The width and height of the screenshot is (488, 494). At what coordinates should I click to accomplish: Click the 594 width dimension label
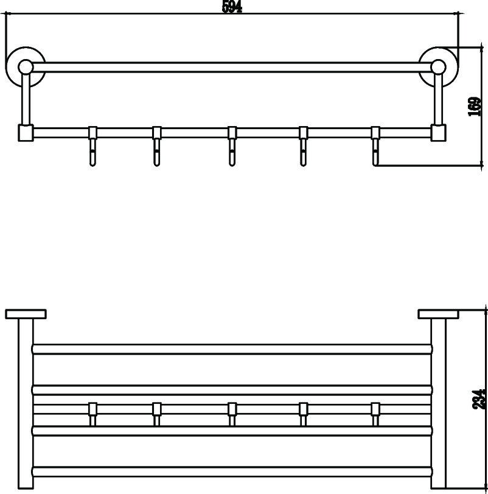pos(232,7)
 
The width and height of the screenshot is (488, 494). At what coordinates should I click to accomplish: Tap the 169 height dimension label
pos(475,107)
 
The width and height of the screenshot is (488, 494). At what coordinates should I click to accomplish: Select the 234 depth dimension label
pos(480,400)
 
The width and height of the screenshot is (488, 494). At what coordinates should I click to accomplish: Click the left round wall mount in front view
pos(26,67)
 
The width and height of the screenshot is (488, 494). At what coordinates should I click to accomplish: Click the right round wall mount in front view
pos(439,67)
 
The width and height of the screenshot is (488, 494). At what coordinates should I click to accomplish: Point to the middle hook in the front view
pos(232,146)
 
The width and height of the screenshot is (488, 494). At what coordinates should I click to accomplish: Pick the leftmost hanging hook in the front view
pos(92,146)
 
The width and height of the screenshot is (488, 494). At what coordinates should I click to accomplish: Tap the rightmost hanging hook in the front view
pos(375,146)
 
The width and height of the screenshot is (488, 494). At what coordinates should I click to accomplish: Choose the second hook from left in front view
pos(157,146)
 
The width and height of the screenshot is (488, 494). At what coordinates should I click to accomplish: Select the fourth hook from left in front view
pos(303,146)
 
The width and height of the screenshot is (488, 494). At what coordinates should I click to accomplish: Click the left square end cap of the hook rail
pos(26,133)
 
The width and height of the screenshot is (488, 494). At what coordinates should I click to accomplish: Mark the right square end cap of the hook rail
pos(438,133)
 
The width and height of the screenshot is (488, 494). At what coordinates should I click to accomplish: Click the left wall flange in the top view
pos(26,314)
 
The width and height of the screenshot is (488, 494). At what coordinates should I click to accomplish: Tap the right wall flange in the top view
pos(439,314)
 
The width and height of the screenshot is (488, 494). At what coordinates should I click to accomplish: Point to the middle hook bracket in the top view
pos(232,414)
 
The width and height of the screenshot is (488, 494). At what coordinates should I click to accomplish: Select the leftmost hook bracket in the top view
pos(92,414)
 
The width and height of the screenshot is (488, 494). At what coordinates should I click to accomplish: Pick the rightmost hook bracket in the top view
pos(375,414)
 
